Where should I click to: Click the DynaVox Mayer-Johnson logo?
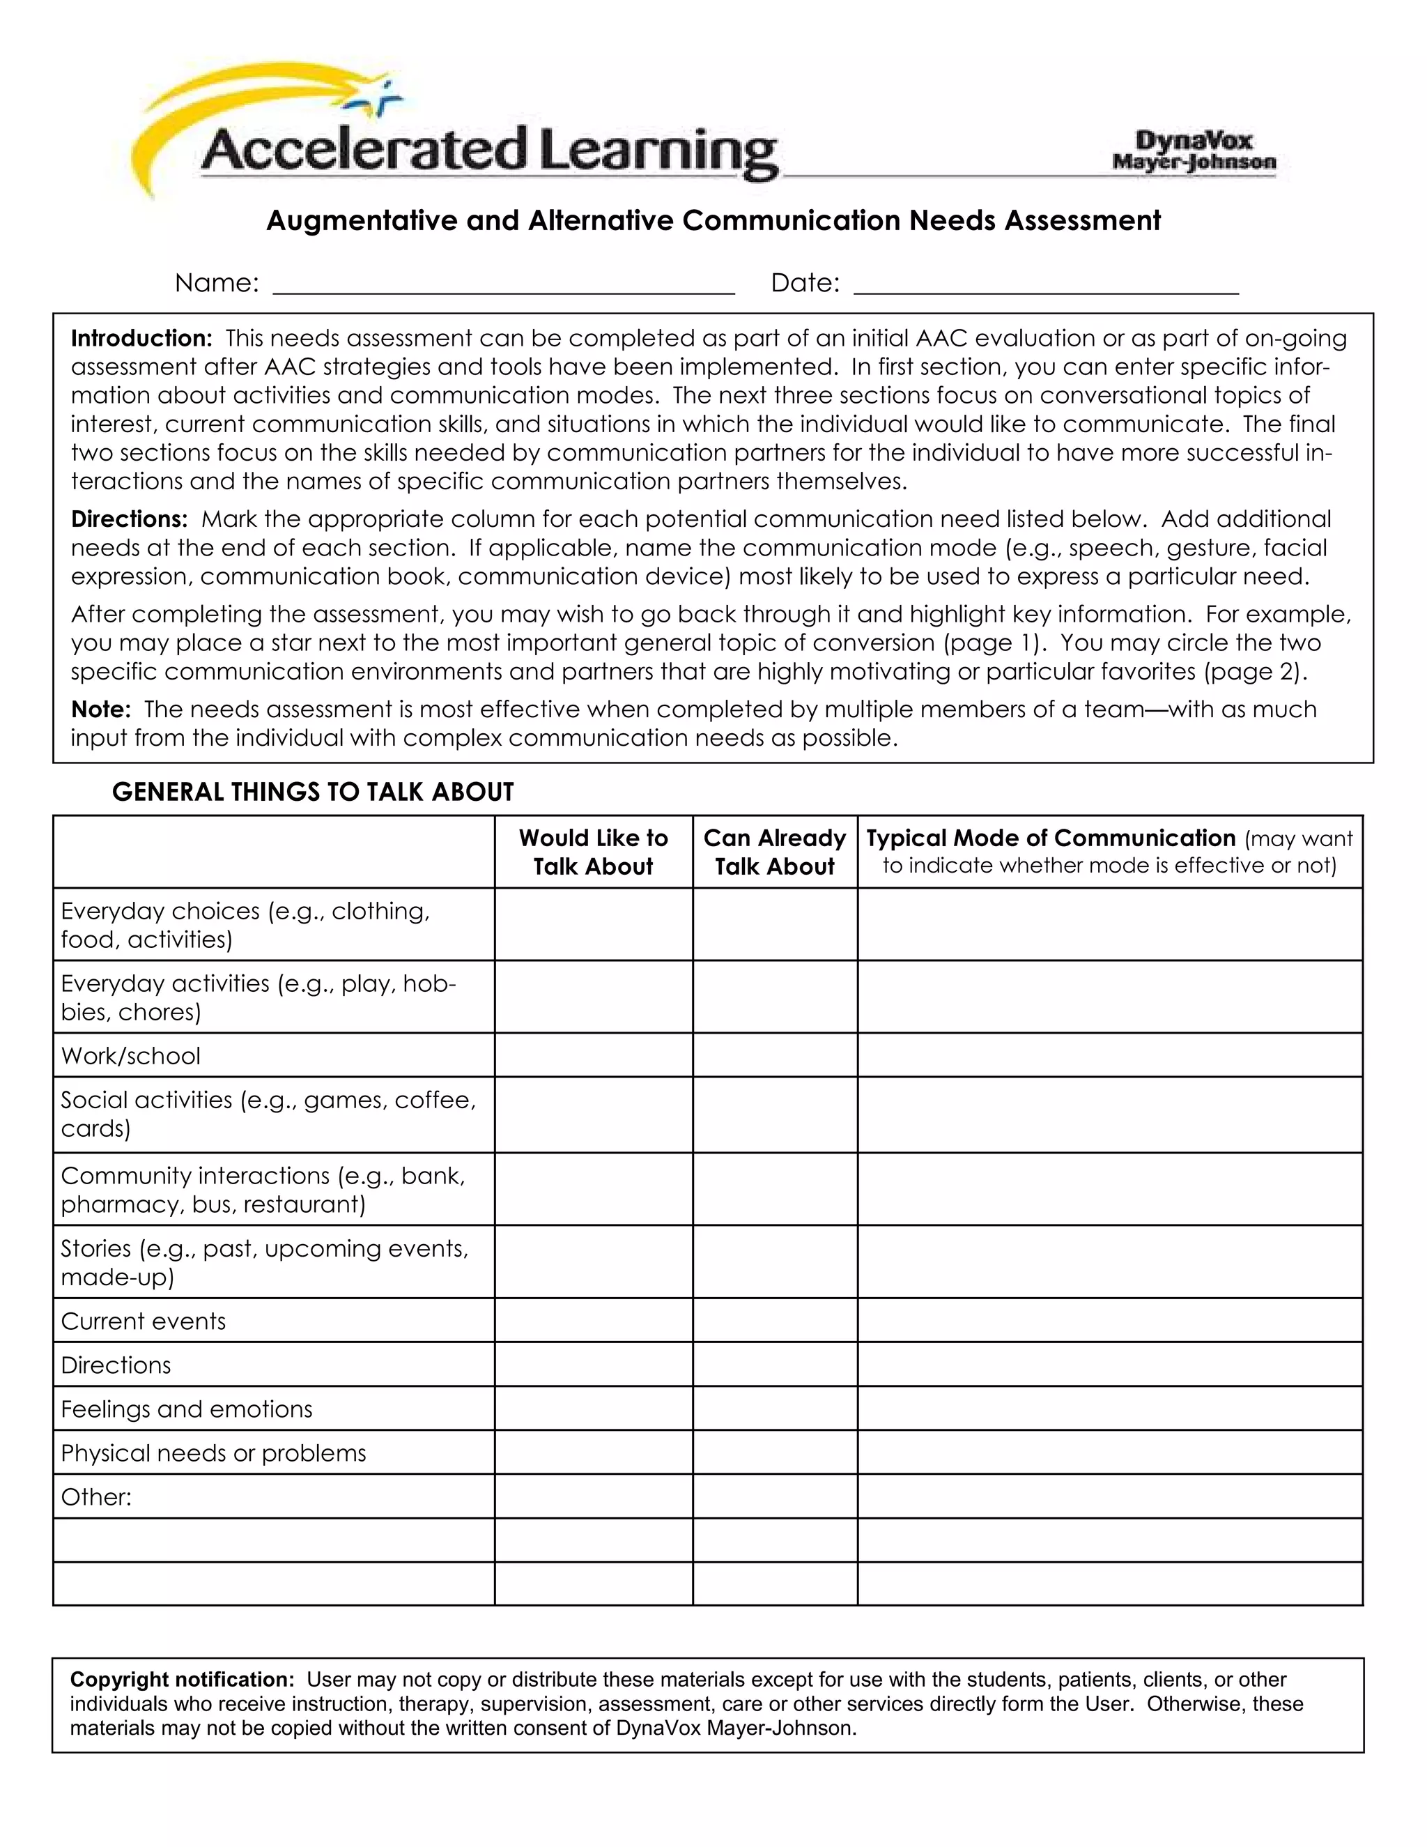(1194, 151)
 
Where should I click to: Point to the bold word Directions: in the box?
(128, 519)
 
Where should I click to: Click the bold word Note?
(100, 709)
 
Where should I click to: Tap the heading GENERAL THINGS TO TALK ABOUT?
(313, 792)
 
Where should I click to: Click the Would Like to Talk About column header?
(593, 852)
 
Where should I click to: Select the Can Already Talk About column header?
(774, 852)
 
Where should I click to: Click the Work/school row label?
(131, 1055)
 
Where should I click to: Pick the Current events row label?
(144, 1321)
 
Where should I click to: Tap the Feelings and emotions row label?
(187, 1409)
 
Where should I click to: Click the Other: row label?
(96, 1497)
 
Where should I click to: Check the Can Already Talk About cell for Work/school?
(774, 1055)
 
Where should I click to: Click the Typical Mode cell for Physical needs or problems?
(1109, 1453)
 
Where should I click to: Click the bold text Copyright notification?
(182, 1680)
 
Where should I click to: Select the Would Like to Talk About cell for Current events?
(593, 1321)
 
